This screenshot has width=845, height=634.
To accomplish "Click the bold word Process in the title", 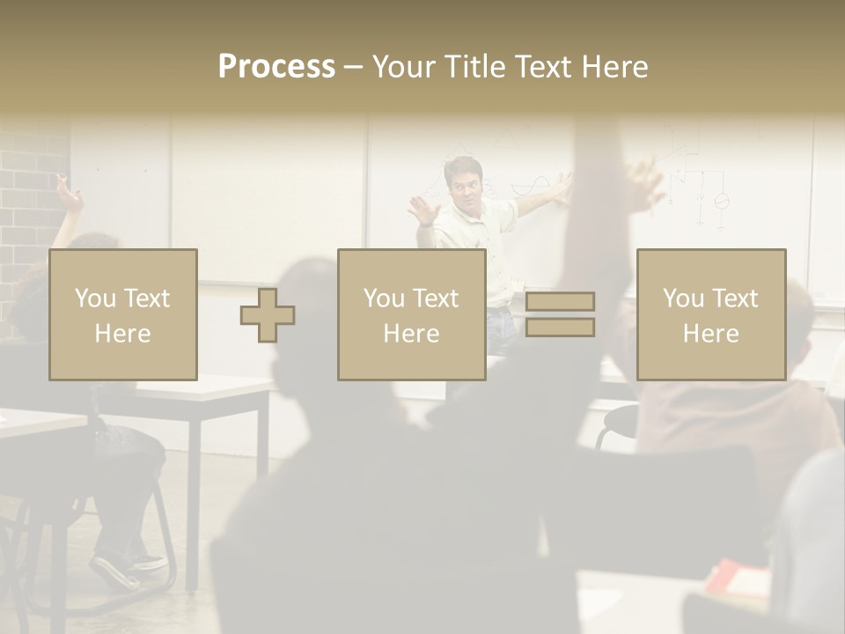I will (276, 67).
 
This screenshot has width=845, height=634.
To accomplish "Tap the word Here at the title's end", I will (614, 67).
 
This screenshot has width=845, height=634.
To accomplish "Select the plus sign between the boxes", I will (268, 315).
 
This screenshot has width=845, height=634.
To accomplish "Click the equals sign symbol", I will (560, 314).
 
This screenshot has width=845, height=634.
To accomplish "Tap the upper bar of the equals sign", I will (560, 302).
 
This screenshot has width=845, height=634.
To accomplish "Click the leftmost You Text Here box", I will (123, 314).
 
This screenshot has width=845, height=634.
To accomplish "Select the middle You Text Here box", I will (411, 314).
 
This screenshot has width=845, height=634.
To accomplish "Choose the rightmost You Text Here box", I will (710, 314).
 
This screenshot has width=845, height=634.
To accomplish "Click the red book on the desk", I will (735, 577).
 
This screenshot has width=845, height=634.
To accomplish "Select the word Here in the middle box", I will (411, 334).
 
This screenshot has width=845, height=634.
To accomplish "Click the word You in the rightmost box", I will (683, 299).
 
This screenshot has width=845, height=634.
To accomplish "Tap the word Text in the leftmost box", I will (146, 299).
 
